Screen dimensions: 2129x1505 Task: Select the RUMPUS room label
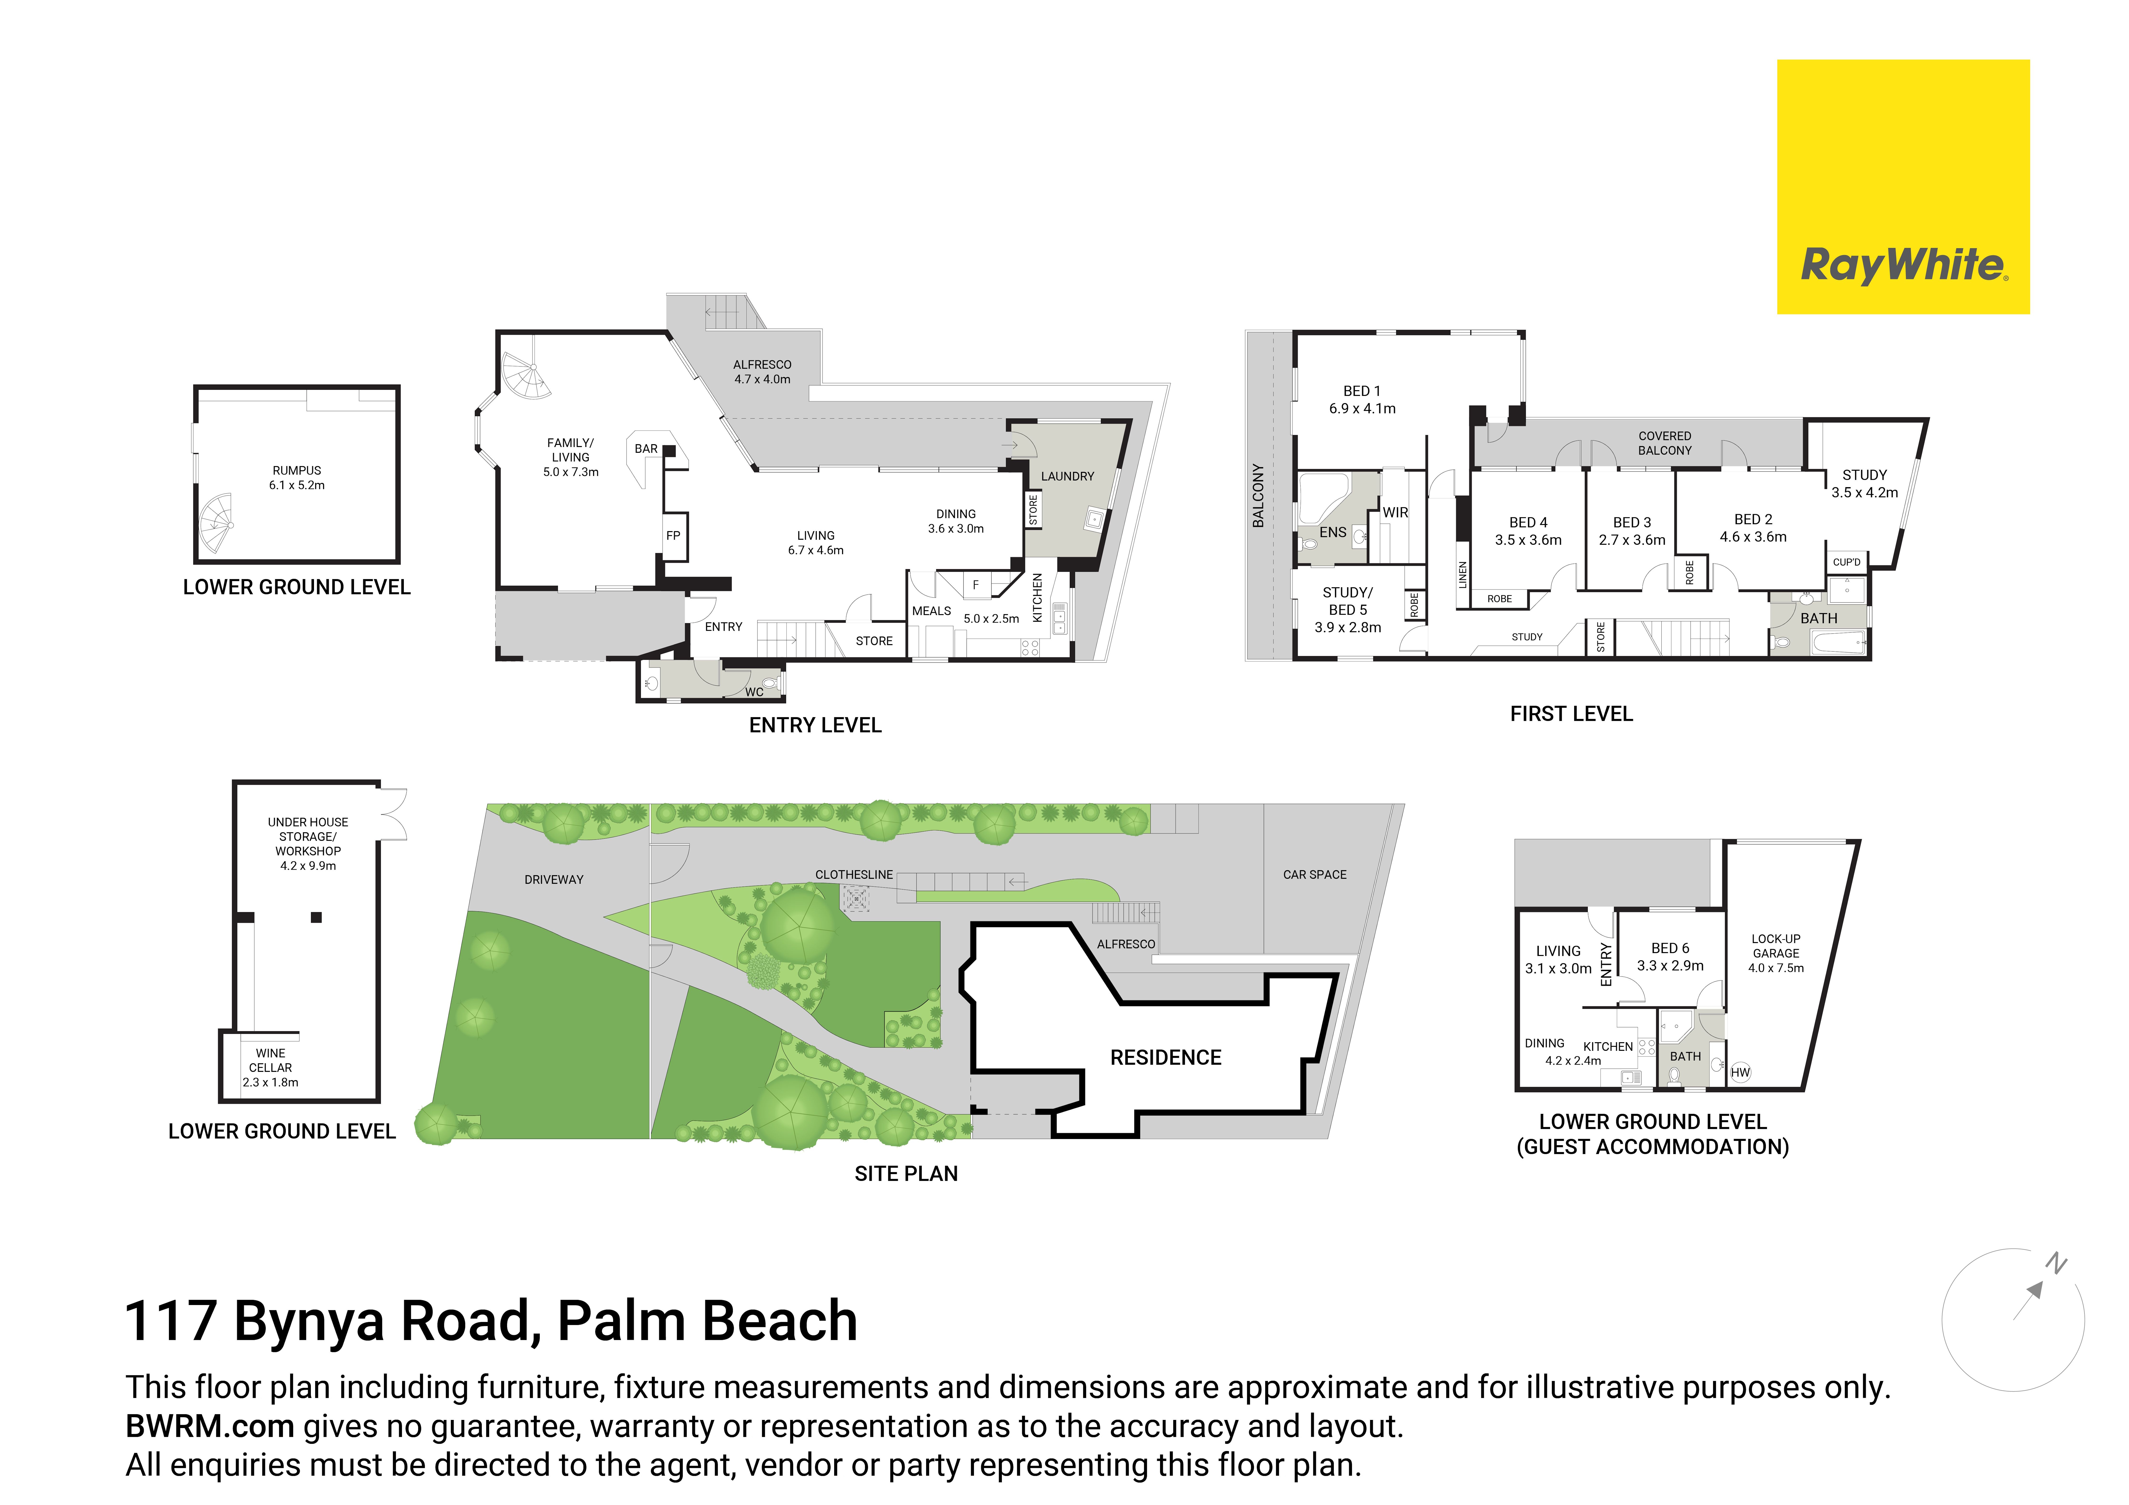click(x=297, y=470)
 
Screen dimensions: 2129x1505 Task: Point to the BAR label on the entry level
click(x=646, y=449)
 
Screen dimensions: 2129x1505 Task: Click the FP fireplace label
click(x=673, y=535)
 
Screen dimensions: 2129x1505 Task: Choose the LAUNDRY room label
click(x=1067, y=477)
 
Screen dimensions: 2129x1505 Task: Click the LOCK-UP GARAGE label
click(x=1776, y=946)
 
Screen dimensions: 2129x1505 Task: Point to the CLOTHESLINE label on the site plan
click(x=854, y=874)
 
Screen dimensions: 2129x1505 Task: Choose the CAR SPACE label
click(x=1315, y=874)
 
